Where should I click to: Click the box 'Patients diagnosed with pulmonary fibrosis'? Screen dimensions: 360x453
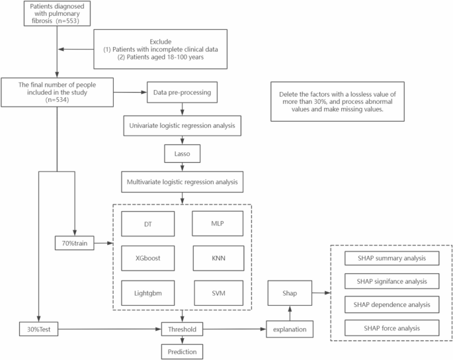(58, 16)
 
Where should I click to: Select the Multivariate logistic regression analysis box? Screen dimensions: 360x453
(182, 179)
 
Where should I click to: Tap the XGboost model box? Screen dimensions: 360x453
(148, 255)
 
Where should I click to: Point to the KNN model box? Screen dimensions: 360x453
(218, 255)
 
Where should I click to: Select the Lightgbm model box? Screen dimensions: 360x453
(148, 292)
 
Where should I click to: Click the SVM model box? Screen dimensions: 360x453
(218, 292)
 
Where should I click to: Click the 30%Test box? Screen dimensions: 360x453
(38, 328)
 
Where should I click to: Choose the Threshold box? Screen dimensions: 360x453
(182, 328)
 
